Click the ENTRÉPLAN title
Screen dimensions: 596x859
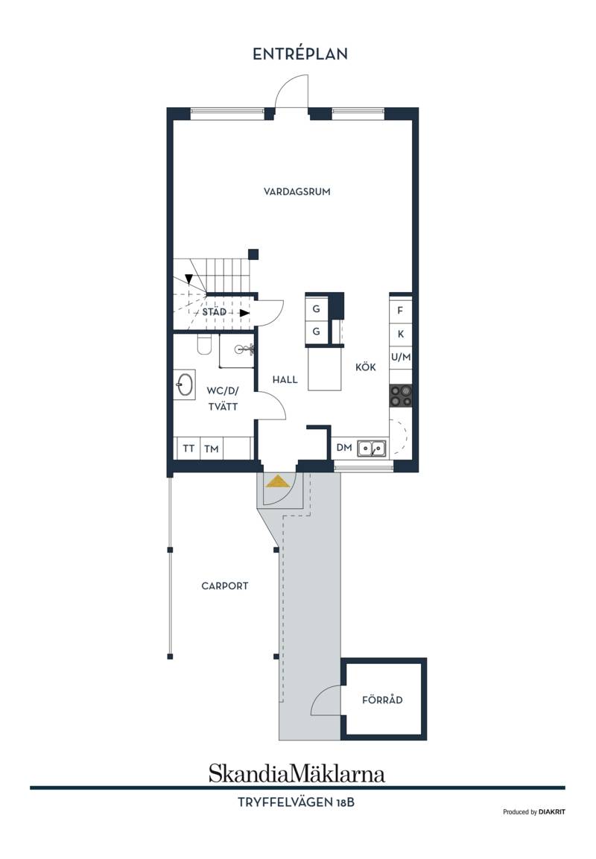point(299,54)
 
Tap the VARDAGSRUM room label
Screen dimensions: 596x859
point(297,191)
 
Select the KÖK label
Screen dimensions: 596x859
point(365,367)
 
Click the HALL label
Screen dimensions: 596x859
point(285,379)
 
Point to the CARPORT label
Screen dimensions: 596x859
point(224,586)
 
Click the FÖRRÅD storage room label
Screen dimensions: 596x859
point(382,700)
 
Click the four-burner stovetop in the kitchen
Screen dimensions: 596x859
point(401,396)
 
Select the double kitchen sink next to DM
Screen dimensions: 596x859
point(372,448)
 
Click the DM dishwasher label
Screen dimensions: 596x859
point(344,448)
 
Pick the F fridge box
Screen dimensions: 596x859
point(401,310)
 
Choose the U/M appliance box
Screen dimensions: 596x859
point(401,357)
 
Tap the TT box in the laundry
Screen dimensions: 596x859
point(188,448)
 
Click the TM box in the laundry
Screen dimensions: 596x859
point(212,448)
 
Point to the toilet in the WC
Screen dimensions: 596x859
point(204,345)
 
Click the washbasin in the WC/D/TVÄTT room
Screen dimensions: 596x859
point(185,384)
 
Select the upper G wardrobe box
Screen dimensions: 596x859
point(316,309)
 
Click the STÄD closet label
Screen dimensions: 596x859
point(215,311)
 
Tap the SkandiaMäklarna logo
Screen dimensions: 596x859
point(297,773)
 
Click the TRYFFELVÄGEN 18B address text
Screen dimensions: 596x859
point(296,802)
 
